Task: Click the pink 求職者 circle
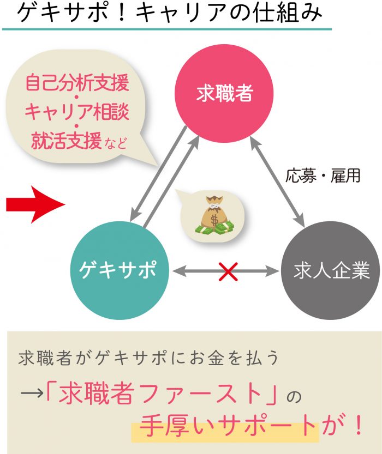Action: coord(224,93)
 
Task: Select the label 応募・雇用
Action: coord(323,176)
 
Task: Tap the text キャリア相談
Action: coord(77,113)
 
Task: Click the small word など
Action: coord(115,144)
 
